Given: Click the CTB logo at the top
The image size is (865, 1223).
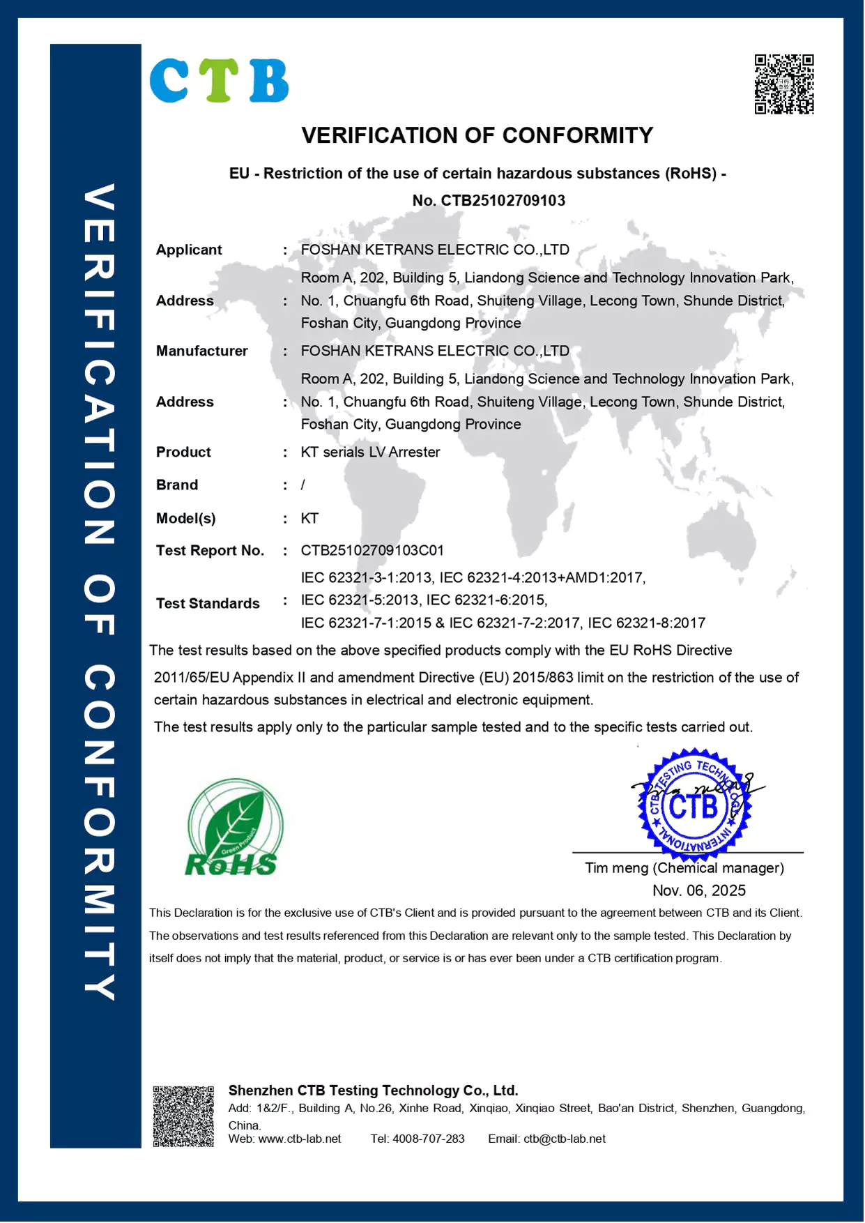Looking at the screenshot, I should click(219, 81).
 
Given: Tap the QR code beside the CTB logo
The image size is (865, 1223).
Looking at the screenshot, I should click(784, 84).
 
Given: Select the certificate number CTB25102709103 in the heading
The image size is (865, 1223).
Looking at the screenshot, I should click(503, 201).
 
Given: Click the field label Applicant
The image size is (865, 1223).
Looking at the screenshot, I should click(189, 250).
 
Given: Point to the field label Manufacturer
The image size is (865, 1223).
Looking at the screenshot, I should click(201, 351).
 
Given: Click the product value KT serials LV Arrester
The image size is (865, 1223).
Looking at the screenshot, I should click(370, 452).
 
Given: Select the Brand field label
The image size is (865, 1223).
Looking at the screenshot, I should click(177, 485).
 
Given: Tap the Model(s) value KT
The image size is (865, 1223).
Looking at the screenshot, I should click(309, 518).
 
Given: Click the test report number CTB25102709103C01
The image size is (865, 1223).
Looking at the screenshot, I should click(372, 550).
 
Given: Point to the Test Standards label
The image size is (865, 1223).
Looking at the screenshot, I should click(208, 603).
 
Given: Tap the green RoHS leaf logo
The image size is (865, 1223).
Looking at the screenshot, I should click(234, 828).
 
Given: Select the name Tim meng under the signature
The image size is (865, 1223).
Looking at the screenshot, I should click(616, 868).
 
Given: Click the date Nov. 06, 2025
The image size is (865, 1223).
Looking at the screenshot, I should click(699, 890).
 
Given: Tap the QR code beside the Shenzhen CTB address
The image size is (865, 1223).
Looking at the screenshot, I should click(183, 1116).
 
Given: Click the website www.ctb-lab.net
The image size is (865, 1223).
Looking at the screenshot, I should click(300, 1139).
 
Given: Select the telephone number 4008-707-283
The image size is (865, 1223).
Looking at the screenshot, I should click(429, 1139).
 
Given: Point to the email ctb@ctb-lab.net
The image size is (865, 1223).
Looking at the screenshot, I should click(564, 1139).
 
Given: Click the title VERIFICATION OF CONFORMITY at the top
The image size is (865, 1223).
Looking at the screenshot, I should click(477, 135).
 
